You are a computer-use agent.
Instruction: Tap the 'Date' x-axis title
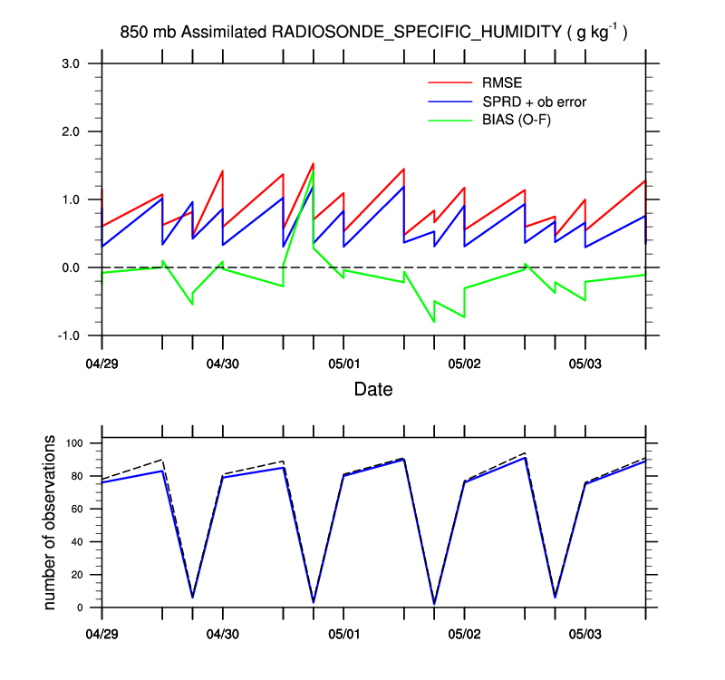coord(373,390)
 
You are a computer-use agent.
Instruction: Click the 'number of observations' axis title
coord(51,522)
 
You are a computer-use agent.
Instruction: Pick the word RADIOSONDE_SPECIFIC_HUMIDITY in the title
coord(417,33)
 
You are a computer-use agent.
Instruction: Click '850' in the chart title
coord(133,33)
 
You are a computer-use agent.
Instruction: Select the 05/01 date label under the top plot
coord(343,364)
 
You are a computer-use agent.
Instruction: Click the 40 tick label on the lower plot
coord(79,542)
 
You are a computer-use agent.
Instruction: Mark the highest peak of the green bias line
coord(313,170)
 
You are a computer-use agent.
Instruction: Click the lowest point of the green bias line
coord(434,322)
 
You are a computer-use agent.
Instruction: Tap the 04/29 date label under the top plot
coord(102,364)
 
